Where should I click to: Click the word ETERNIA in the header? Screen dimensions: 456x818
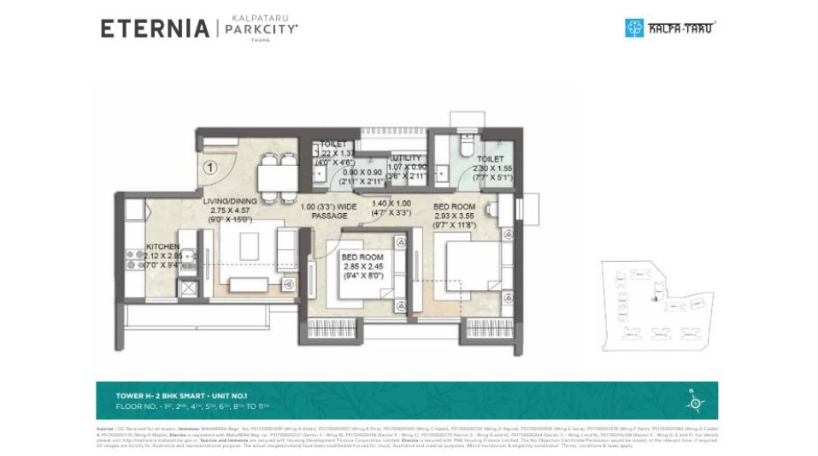click(x=154, y=28)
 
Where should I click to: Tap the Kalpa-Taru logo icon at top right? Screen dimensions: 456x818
click(x=633, y=27)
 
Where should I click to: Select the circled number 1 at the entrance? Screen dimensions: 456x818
click(x=209, y=168)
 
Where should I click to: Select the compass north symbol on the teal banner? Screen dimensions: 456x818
click(x=693, y=400)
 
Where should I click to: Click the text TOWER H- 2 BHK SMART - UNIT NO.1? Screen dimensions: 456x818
click(x=181, y=395)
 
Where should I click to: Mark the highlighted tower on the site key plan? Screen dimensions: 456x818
click(x=656, y=299)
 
